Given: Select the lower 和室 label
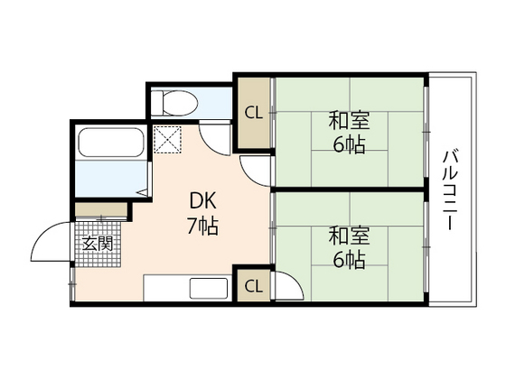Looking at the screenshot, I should pyautogui.click(x=348, y=237).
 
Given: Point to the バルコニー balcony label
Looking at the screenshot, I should pyautogui.click(x=449, y=189).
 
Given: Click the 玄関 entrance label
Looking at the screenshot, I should pyautogui.click(x=98, y=243).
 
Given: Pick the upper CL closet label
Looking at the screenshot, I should pyautogui.click(x=254, y=114).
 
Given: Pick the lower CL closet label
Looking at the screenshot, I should pyautogui.click(x=254, y=286).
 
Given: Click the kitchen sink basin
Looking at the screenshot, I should pyautogui.click(x=209, y=290).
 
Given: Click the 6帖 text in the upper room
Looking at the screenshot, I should pyautogui.click(x=348, y=144).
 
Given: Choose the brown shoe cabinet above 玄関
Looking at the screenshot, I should pyautogui.click(x=101, y=209).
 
